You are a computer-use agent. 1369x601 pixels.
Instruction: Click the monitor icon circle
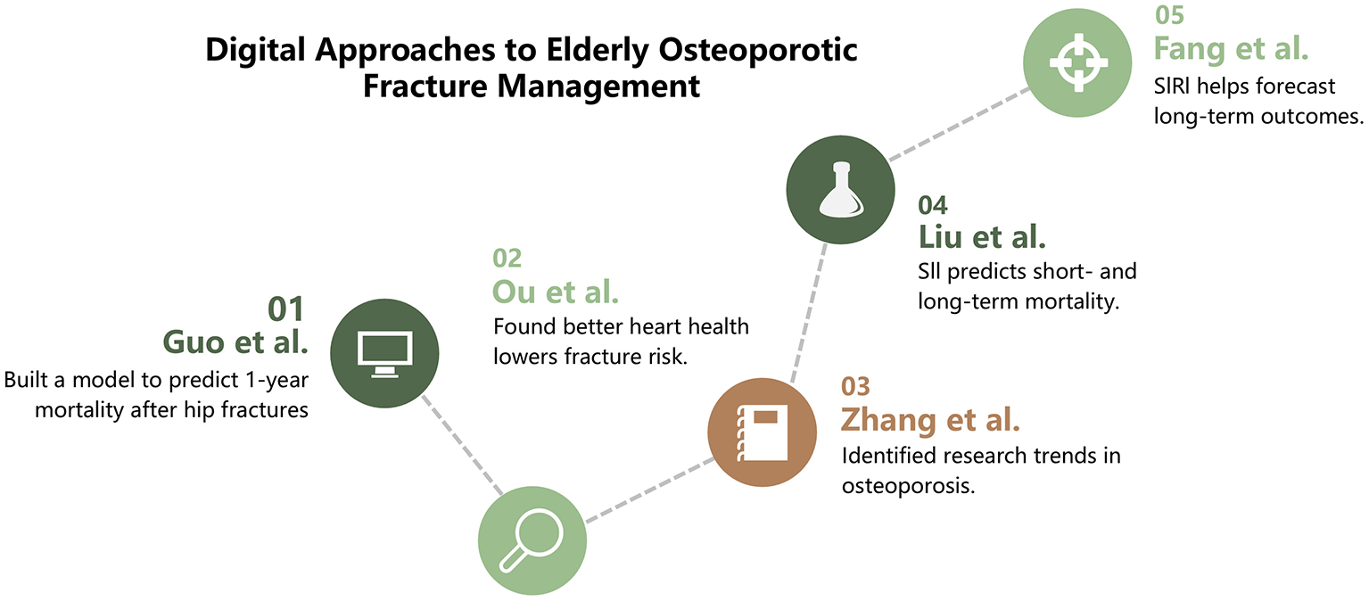coord(384,353)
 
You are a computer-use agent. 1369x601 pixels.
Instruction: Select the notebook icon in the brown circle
coord(763,432)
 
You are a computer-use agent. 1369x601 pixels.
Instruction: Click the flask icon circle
coord(840,190)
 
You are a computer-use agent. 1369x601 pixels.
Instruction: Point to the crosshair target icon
coord(1078,62)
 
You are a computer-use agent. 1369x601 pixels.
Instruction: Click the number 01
coord(285,309)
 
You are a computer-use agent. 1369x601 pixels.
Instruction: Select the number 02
coord(507,259)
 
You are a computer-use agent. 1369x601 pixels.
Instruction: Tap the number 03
coord(855,386)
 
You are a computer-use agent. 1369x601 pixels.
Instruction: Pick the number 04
coord(933,205)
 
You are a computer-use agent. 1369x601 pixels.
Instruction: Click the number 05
coord(1170,15)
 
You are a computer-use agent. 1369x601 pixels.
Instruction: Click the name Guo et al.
coord(235,342)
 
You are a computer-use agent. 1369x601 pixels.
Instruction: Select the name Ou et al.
coord(556,292)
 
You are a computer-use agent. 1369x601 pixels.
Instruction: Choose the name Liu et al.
coord(982,237)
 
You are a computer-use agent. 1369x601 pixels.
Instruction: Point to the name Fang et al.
coord(1231,49)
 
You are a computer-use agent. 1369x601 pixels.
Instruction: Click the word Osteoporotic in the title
coord(758,50)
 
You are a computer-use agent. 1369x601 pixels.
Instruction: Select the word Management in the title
coord(598,86)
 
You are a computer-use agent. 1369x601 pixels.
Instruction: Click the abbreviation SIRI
coord(1172,86)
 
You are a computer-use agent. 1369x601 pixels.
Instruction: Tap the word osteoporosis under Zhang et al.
coord(908,486)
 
